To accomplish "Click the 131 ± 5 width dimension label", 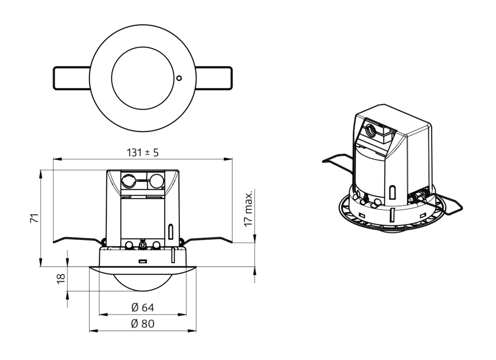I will [142, 153].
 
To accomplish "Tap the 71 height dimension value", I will [34, 219].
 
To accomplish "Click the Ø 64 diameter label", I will [142, 308].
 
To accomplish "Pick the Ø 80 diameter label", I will [142, 324].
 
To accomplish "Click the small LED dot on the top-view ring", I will [179, 77].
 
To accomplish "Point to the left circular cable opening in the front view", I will [128, 180].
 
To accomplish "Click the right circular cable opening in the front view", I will [157, 180].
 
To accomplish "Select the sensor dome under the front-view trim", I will [142, 281].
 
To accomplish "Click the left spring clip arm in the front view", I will [77, 239].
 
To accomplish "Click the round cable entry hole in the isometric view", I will [371, 131].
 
